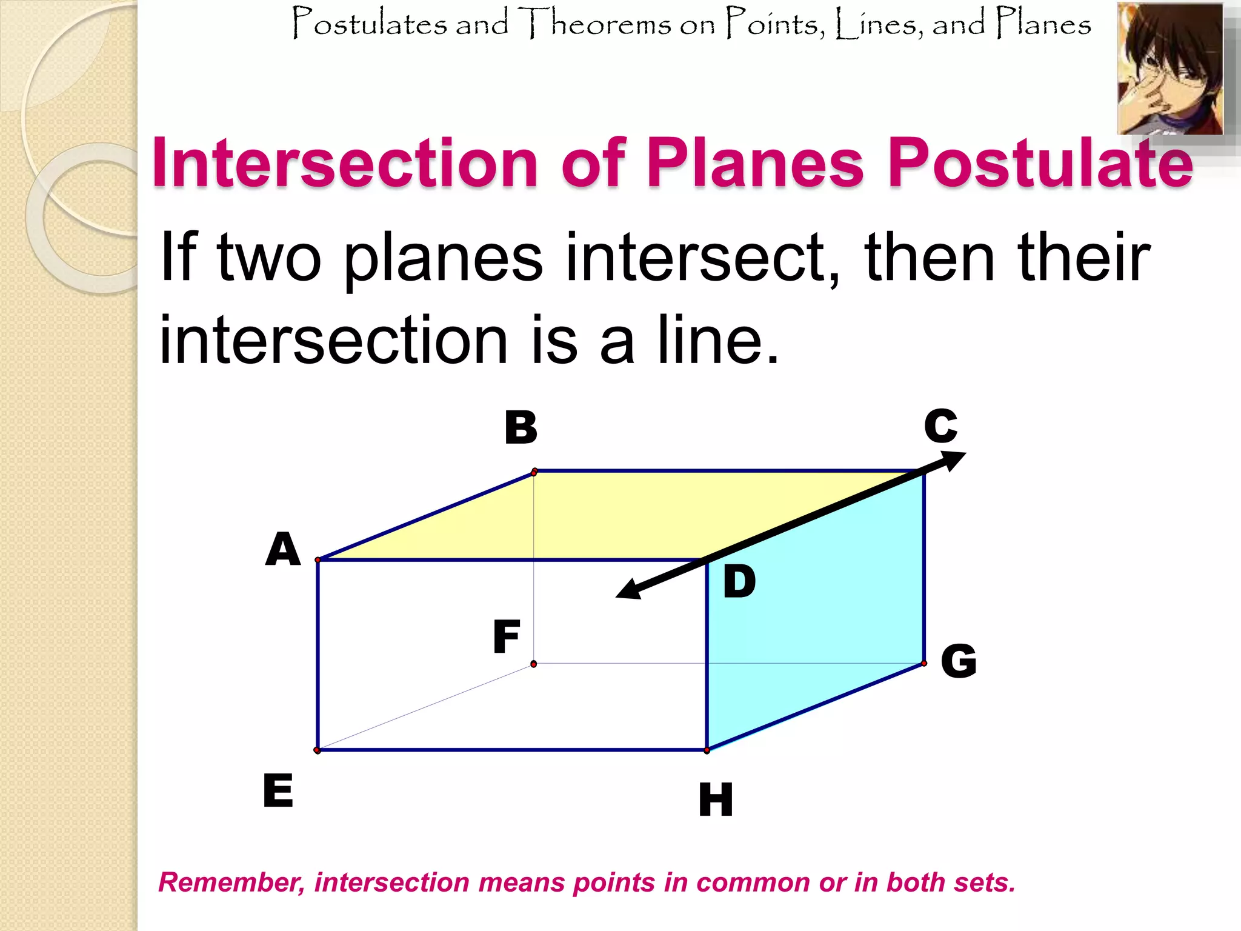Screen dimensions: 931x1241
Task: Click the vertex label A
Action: click(283, 549)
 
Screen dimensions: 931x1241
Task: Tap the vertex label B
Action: click(521, 427)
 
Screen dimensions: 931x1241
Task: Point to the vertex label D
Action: click(739, 582)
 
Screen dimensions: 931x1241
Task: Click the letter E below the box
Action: click(278, 790)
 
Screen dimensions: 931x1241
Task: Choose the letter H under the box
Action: click(716, 799)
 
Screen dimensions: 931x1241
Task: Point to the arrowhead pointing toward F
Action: click(629, 590)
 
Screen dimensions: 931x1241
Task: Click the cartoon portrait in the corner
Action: click(1170, 68)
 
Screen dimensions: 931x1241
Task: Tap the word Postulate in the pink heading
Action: click(1040, 162)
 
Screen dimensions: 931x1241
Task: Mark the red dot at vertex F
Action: click(533, 664)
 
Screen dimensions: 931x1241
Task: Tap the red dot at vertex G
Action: click(924, 664)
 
